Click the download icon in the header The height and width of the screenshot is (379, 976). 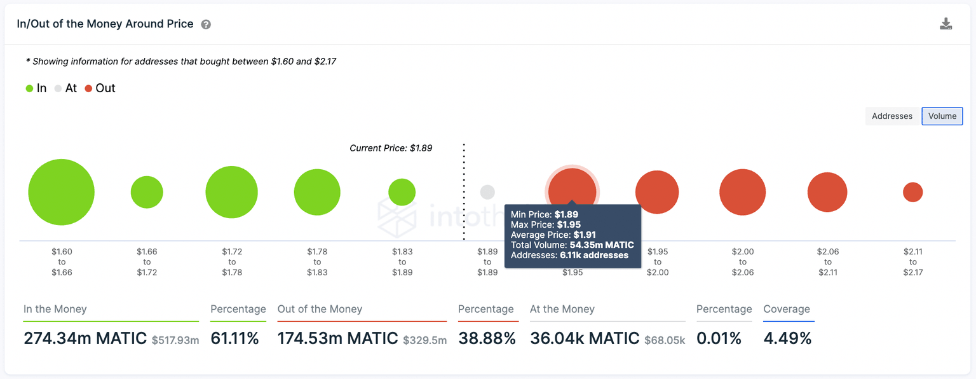click(945, 24)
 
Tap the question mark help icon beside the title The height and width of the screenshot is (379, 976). click(206, 25)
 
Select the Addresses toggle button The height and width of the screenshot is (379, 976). click(891, 116)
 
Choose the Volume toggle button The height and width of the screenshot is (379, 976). click(942, 116)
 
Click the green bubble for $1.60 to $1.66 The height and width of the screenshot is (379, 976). click(62, 192)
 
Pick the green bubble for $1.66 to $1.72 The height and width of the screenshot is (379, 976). click(147, 192)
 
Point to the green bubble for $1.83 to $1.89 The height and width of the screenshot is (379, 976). click(402, 192)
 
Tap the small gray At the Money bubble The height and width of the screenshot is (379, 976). click(487, 192)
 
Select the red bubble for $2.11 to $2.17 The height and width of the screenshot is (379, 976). click(912, 192)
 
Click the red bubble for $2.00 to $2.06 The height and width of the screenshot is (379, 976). click(742, 192)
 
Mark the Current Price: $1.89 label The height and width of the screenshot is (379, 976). click(391, 148)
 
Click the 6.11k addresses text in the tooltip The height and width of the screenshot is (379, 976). click(593, 255)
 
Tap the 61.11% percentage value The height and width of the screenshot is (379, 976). click(234, 338)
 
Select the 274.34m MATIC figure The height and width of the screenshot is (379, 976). click(85, 338)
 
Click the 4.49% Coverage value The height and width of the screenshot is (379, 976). click(787, 338)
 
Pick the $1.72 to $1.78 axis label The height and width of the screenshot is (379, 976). click(232, 262)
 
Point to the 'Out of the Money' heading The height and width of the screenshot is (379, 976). click(320, 310)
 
